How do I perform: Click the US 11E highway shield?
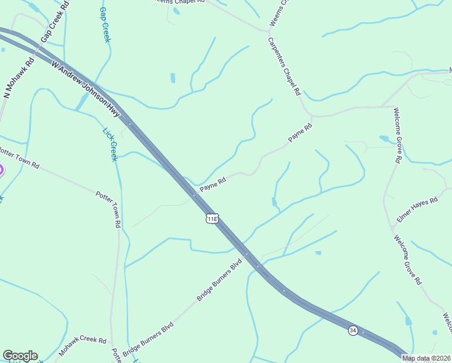pyautogui.click(x=211, y=218)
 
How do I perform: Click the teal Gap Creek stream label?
pyautogui.click(x=105, y=25)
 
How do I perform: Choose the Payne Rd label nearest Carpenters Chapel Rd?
pyautogui.click(x=300, y=133)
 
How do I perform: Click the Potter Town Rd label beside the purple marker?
pyautogui.click(x=19, y=157)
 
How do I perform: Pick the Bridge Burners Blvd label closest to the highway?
pyautogui.click(x=219, y=280)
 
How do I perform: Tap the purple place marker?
pyautogui.click(x=1, y=171)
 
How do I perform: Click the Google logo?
pyautogui.click(x=20, y=356)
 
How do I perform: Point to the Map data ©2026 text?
pyautogui.click(x=426, y=358)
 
